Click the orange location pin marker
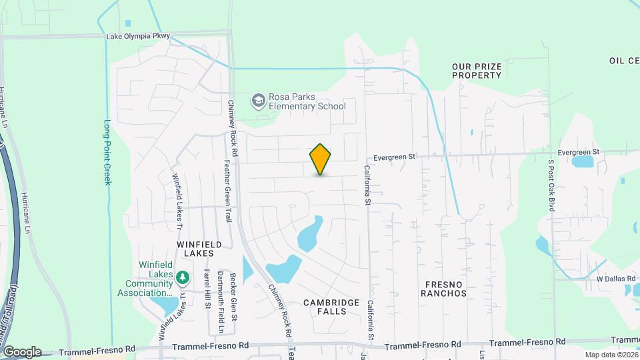coord(320,159)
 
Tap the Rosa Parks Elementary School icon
coord(257,101)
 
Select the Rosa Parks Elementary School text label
coord(307,101)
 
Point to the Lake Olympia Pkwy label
coord(138,36)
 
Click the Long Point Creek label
coord(107,152)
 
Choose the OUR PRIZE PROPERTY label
coord(476,71)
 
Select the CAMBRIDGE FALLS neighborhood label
coord(326,307)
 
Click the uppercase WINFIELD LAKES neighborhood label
coord(195,249)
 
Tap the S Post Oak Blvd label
coord(551,184)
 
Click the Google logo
coord(22,352)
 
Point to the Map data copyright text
coord(612,355)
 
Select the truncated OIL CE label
coord(624,61)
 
